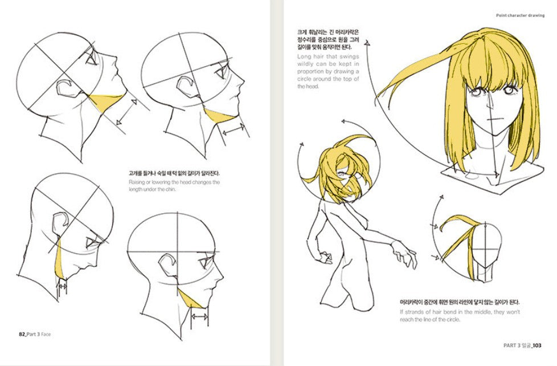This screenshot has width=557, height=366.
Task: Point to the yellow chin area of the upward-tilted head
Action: tap(105, 103)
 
